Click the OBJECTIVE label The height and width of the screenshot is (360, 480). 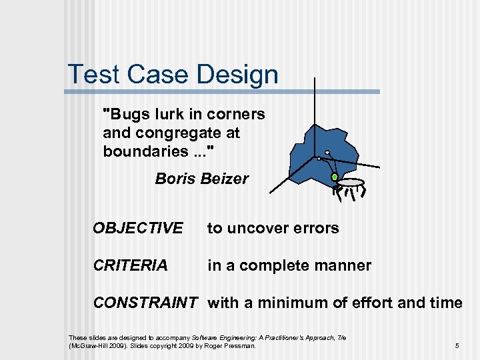tap(137, 228)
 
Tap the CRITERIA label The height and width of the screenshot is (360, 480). tap(130, 265)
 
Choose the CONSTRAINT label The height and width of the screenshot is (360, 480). tap(145, 303)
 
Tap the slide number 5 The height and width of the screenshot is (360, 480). tap(457, 346)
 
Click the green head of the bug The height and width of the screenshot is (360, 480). tap(335, 177)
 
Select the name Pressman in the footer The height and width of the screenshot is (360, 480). tap(241, 346)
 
